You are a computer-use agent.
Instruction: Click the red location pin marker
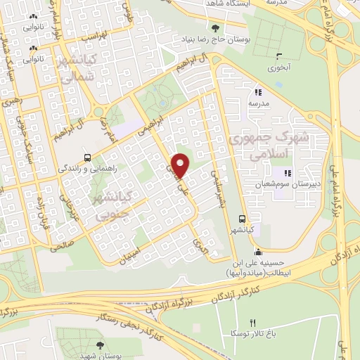pos(181,165)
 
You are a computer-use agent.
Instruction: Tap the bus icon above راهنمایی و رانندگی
pos(86,157)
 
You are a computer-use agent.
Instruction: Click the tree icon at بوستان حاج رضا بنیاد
pos(215,28)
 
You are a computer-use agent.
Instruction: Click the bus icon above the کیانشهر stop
pos(242,218)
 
